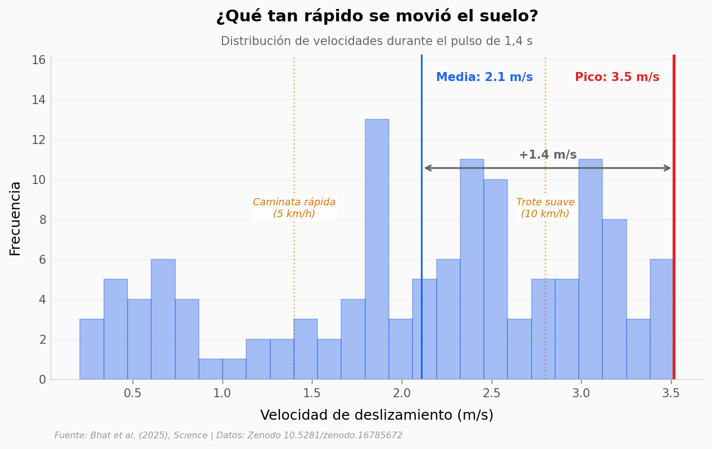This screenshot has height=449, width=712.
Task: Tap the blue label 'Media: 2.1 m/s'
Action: (484, 78)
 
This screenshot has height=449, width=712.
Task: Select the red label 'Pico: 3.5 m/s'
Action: (616, 78)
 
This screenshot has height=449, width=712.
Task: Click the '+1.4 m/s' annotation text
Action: (547, 155)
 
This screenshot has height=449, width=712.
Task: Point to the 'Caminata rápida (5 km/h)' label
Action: (294, 208)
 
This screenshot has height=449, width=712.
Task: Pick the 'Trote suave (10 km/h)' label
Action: (545, 208)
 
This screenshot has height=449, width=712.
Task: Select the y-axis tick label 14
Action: (38, 100)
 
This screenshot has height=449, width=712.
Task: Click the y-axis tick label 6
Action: (42, 260)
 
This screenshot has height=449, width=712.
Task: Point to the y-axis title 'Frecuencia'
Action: (16, 218)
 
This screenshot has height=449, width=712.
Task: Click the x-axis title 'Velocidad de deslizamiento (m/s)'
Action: (377, 416)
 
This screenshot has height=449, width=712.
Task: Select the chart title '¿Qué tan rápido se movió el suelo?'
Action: (377, 17)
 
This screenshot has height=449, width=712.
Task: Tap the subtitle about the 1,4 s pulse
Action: (377, 42)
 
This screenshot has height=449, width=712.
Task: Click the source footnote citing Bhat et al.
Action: (228, 436)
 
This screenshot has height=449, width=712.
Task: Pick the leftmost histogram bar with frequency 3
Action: (92, 349)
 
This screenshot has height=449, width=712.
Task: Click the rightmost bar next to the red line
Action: (661, 319)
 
